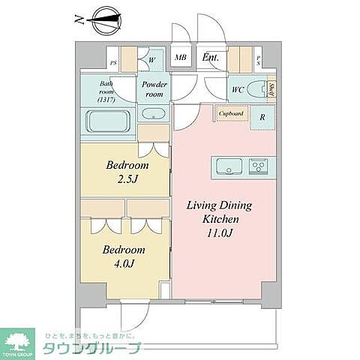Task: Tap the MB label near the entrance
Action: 181,58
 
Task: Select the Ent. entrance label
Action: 210,57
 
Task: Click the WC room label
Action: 238,91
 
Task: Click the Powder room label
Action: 154,90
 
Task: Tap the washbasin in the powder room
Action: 154,115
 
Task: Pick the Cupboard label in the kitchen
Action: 230,114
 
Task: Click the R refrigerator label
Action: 262,117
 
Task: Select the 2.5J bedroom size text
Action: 127,180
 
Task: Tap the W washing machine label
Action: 151,58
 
